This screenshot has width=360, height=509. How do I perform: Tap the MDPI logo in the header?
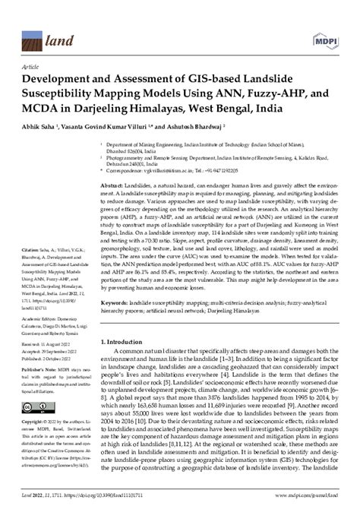(x=323, y=24)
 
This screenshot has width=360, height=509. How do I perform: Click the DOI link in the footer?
(x=106, y=492)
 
